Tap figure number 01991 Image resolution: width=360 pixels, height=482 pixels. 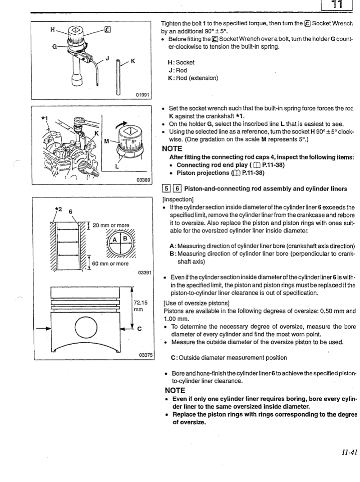coord(145,95)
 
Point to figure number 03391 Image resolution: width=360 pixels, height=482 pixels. coord(145,273)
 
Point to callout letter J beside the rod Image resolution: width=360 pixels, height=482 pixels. coord(107,58)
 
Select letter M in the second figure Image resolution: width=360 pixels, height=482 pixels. coord(106,140)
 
